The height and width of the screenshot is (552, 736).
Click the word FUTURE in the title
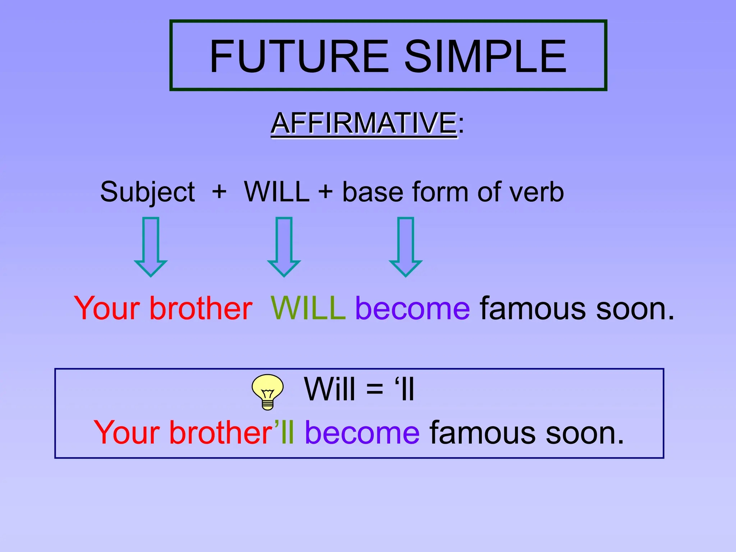coord(299,56)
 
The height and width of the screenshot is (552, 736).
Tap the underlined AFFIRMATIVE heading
coord(364,123)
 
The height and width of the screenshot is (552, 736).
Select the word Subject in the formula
coord(147,192)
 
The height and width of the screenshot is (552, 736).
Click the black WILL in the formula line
coord(276,192)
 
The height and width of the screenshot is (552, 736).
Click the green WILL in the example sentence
coord(308,308)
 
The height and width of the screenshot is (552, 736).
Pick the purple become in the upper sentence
coord(413,308)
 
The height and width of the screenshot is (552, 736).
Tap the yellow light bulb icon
coord(268,391)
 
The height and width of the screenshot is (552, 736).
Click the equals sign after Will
coord(374,389)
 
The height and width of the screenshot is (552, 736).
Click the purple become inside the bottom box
coord(362,432)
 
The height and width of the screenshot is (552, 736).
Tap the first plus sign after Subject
coord(219,192)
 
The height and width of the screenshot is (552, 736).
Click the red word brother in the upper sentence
coord(201,308)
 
